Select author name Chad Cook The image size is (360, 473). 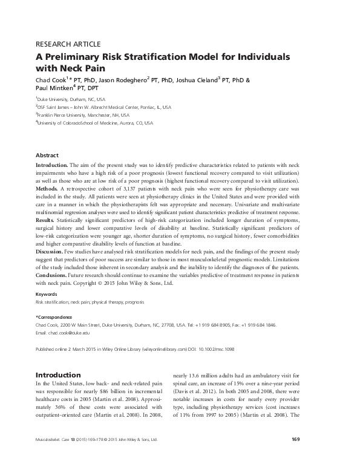(x=53, y=80)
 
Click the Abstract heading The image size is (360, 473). (x=47, y=155)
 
